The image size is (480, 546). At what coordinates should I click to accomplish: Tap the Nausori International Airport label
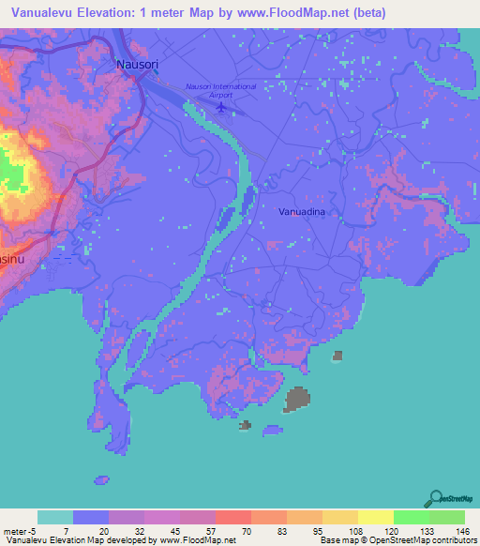[x=221, y=91]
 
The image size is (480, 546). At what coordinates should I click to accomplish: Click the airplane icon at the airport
[x=220, y=106]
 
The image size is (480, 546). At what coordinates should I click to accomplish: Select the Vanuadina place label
[x=302, y=213]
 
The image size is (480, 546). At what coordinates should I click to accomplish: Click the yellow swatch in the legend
[x=375, y=517]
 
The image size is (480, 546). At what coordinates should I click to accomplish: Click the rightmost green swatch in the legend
[x=446, y=517]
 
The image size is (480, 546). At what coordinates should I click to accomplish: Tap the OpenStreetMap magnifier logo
[x=435, y=498]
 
